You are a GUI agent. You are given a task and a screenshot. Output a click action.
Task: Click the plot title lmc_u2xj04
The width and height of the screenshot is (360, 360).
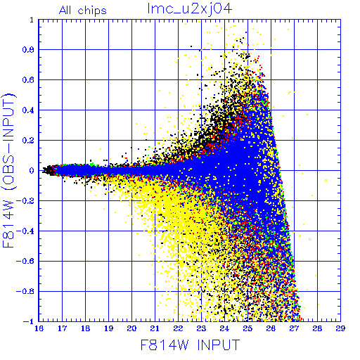190,9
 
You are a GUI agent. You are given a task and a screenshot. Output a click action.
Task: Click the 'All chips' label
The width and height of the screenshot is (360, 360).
83,11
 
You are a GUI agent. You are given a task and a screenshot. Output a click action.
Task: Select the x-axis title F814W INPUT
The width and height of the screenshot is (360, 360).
190,345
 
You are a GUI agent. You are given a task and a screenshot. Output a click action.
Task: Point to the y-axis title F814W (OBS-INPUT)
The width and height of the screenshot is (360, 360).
8,171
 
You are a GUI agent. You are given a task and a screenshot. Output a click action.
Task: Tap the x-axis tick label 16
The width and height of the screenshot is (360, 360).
39,328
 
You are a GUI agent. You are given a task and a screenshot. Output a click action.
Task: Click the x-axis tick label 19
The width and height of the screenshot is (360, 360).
108,328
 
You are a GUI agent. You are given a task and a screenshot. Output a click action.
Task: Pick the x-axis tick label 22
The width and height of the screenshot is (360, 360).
178,328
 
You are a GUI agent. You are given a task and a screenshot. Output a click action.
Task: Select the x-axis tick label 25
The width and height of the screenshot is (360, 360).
247,328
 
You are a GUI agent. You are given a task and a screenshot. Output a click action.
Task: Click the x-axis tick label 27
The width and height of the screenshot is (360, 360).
294,328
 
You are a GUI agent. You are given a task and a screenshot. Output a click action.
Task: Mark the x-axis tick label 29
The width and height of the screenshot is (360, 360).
340,328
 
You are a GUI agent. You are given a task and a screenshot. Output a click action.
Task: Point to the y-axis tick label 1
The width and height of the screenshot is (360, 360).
32,20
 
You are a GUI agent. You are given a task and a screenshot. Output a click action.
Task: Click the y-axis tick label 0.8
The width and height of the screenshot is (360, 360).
28,50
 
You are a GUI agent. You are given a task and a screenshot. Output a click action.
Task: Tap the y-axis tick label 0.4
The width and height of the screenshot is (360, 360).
28,110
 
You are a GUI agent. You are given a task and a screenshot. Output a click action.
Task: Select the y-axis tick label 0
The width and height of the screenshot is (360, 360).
32,170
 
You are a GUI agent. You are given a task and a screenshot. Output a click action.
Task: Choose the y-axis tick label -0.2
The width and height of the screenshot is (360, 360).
25,201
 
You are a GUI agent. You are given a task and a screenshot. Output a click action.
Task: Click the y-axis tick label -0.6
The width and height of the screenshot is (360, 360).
25,261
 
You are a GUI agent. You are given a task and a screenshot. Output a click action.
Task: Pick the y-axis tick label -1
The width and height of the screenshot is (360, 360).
29,321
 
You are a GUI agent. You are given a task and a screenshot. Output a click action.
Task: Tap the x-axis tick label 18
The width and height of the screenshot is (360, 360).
85,328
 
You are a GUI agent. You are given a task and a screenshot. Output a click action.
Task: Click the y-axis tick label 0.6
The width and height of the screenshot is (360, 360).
28,80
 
